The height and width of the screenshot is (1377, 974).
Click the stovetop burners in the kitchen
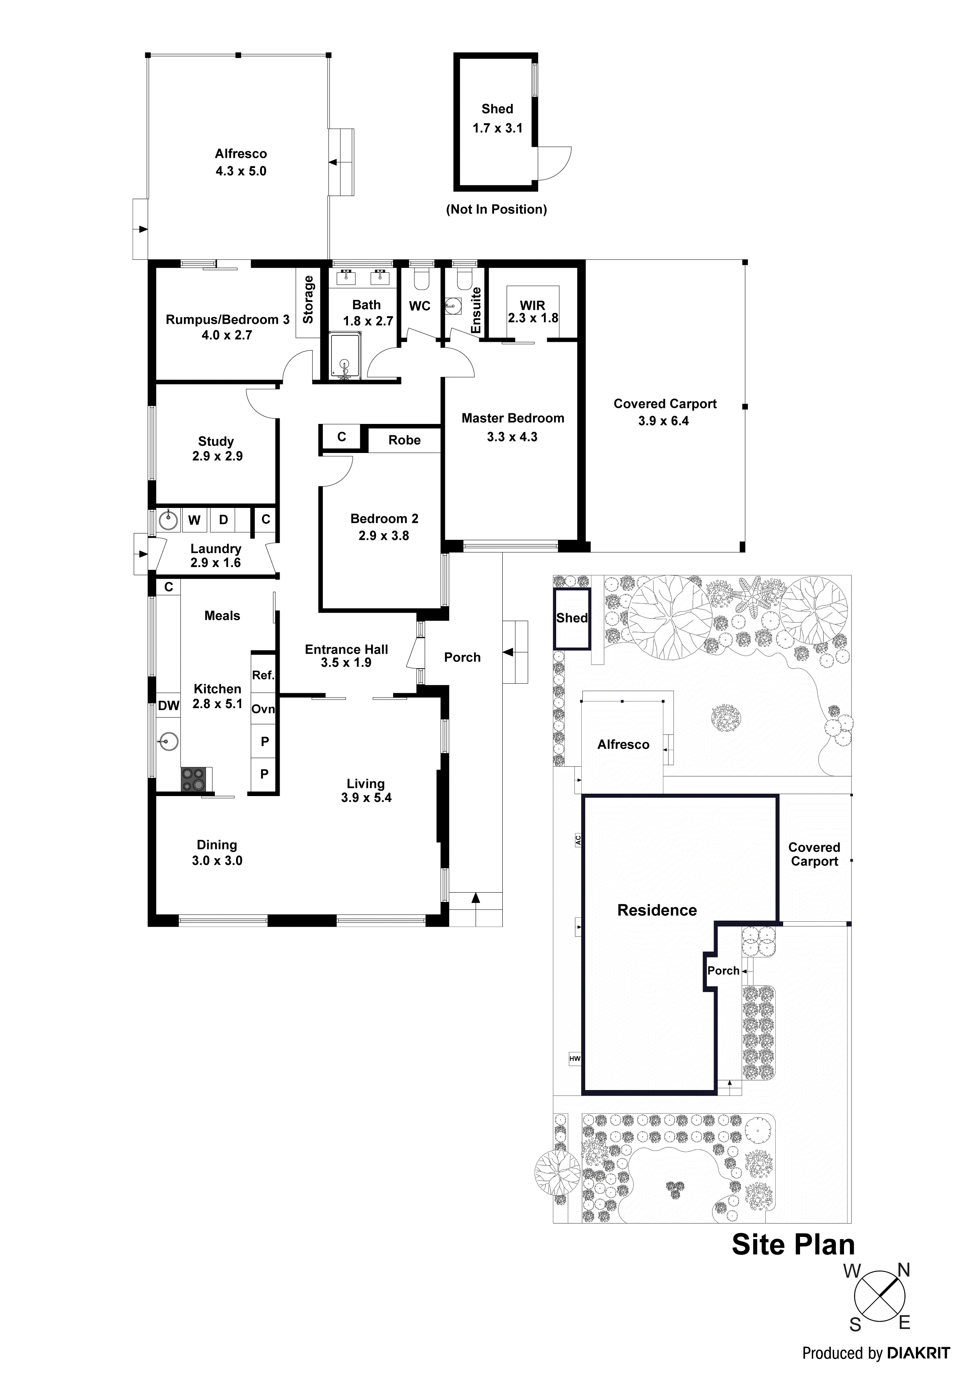pyautogui.click(x=193, y=780)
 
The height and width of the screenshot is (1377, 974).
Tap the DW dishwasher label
pyautogui.click(x=168, y=705)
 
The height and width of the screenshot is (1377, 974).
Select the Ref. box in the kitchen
pyautogui.click(x=263, y=675)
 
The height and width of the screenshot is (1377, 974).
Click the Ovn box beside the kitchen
pyautogui.click(x=263, y=709)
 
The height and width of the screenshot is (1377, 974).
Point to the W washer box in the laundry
pyautogui.click(x=194, y=520)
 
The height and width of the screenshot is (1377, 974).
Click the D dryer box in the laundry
pyautogui.click(x=223, y=520)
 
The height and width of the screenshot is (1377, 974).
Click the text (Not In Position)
pyautogui.click(x=496, y=209)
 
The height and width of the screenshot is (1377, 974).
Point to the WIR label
pyautogui.click(x=532, y=305)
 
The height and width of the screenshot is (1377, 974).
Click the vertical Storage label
pyautogui.click(x=308, y=300)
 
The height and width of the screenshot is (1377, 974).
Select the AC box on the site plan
pyautogui.click(x=578, y=840)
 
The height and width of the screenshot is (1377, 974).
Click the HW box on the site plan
pyautogui.click(x=574, y=1059)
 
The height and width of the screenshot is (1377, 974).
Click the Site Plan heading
pyautogui.click(x=793, y=1244)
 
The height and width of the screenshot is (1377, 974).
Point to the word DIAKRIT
pyautogui.click(x=918, y=1353)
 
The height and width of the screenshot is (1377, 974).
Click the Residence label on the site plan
pyautogui.click(x=657, y=910)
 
